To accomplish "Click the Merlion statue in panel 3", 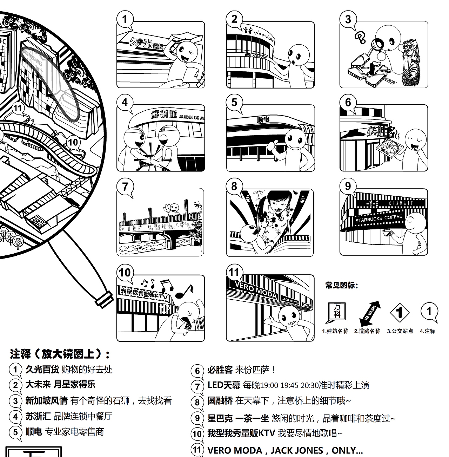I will click(x=410, y=63).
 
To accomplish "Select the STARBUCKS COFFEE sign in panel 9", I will click(x=378, y=218).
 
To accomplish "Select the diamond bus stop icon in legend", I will click(x=400, y=313).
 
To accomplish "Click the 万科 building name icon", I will click(x=337, y=311).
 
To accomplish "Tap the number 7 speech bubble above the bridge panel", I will click(x=125, y=187).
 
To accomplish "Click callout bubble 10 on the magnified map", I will click(x=73, y=142).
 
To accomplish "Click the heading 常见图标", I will click(x=341, y=285).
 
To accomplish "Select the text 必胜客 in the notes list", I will click(x=220, y=370).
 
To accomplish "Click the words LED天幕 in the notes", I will click(x=224, y=385).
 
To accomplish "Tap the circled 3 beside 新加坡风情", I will click(x=15, y=401).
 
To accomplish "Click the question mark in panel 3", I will click(x=360, y=36).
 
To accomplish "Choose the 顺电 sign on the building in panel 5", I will click(x=263, y=120).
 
